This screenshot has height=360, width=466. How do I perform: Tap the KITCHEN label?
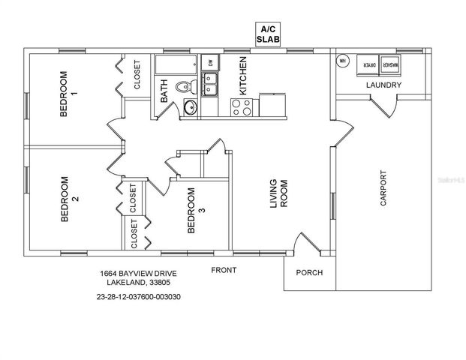[x=242, y=77]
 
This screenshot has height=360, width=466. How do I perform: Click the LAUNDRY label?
[x=383, y=85]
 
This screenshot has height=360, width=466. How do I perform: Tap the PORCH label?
[x=309, y=272]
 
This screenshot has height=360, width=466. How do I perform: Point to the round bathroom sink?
[x=189, y=107]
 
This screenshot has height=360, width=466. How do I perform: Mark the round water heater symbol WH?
[x=342, y=61]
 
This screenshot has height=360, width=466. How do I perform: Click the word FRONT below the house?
[x=224, y=269]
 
